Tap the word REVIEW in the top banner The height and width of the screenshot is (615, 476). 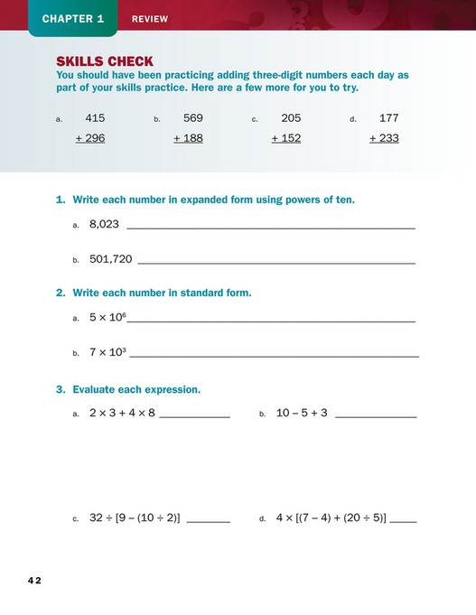[150, 19]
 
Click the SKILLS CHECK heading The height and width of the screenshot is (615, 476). [105, 61]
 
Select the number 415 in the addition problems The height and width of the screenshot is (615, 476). [95, 118]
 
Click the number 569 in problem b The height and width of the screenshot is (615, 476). [193, 118]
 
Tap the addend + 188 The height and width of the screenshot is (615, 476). [188, 138]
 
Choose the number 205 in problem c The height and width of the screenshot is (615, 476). [291, 118]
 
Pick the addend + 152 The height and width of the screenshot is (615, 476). [286, 138]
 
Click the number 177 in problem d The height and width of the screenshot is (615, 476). [388, 118]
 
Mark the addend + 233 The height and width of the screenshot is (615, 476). [384, 138]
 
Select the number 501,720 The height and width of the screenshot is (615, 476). [111, 259]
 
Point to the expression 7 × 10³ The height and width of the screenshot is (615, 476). [107, 352]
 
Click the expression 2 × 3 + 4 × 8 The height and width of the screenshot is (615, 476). [122, 413]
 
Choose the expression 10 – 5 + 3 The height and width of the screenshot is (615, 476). [302, 413]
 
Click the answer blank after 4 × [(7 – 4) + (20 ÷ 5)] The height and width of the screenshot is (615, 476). [404, 520]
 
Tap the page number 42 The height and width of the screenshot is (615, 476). [34, 581]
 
